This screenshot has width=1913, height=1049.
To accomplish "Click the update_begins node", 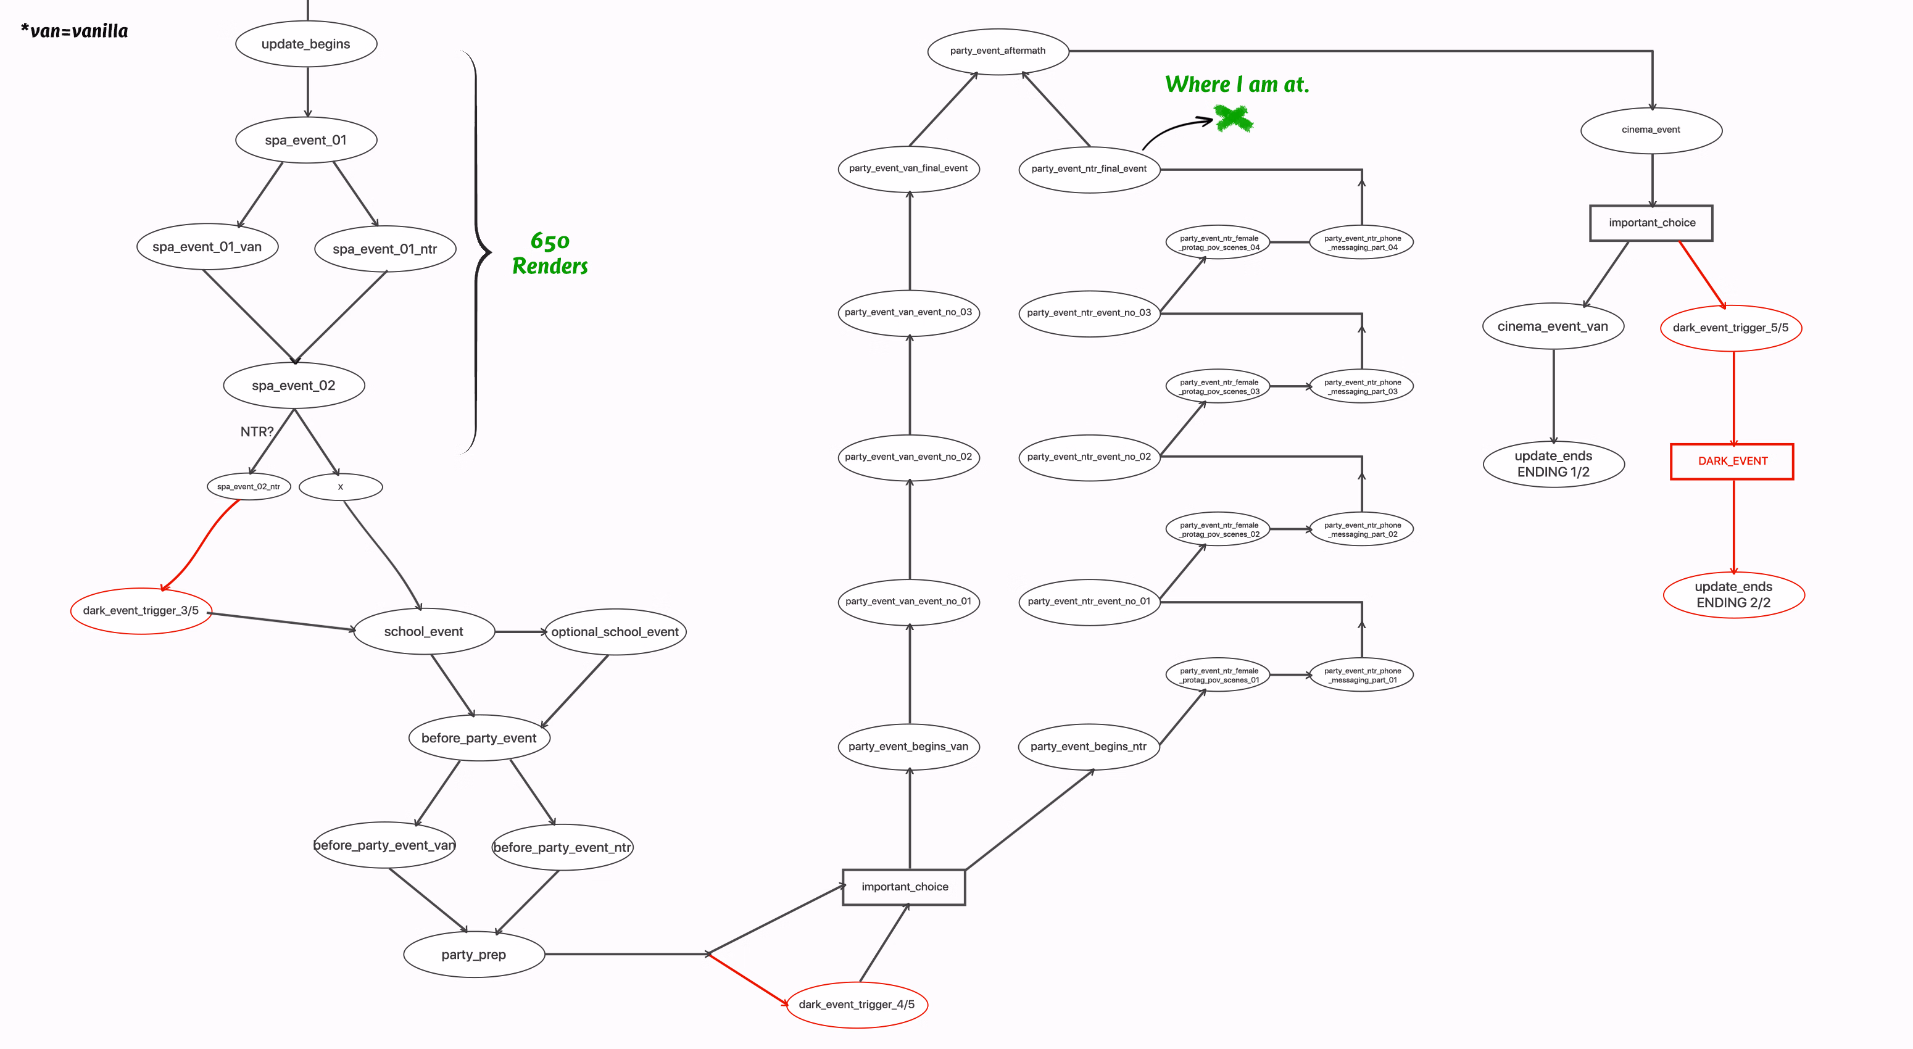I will [306, 44].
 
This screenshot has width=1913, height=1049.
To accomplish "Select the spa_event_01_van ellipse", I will [207, 246].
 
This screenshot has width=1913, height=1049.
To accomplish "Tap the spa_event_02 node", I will [294, 385].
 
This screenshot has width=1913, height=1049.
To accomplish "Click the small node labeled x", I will [340, 487].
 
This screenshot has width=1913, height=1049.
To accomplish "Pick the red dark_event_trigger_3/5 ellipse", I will [141, 610].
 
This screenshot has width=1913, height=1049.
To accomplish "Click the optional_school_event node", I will [615, 632].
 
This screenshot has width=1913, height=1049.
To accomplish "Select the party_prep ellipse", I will [474, 954].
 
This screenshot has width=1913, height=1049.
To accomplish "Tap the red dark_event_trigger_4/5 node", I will [857, 1005].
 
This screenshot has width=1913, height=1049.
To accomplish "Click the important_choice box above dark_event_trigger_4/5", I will [904, 887].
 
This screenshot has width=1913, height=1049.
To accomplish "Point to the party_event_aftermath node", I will [997, 51].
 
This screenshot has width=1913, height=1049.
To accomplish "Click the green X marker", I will [1234, 118].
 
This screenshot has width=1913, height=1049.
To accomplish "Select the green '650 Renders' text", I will [550, 253].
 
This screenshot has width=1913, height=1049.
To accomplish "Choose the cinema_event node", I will [1651, 130].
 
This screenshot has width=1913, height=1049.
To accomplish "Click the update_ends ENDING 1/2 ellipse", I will [1554, 464].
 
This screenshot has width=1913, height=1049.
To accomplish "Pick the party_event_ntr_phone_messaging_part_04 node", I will [1361, 243].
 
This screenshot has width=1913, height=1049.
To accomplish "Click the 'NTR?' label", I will [257, 431].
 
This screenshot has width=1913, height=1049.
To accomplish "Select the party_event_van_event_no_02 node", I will [908, 457].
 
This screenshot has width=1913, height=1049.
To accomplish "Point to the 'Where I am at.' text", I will [1237, 85].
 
